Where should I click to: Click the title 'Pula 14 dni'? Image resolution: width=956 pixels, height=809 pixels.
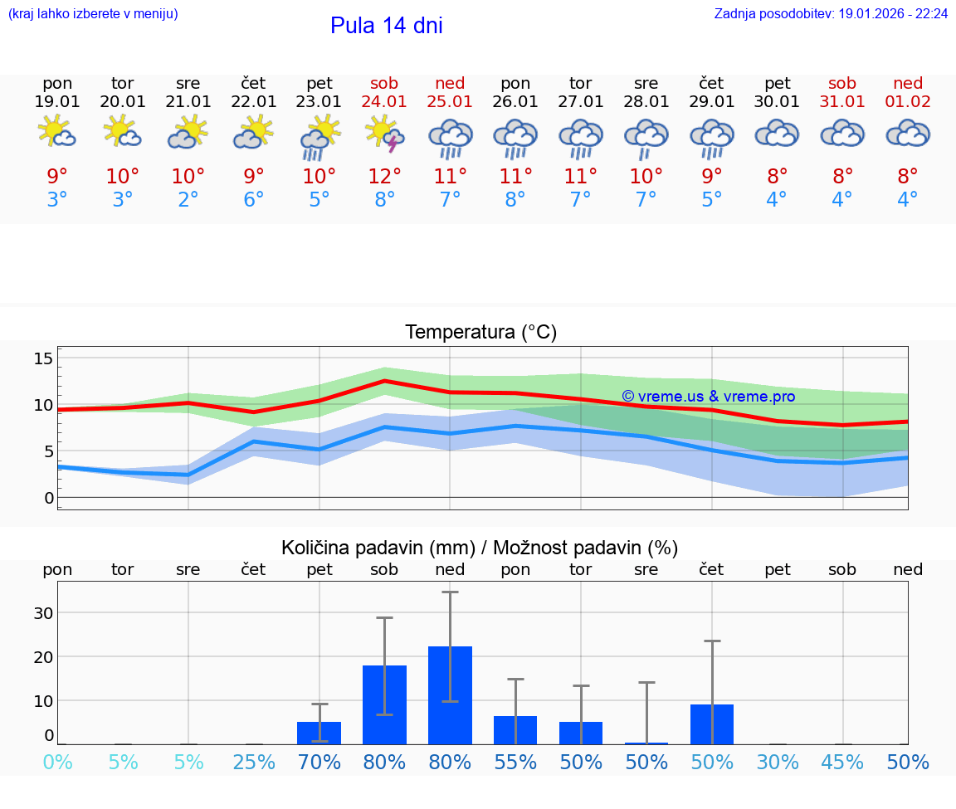click(x=386, y=26)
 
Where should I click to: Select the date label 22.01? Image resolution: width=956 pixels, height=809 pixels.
click(x=254, y=102)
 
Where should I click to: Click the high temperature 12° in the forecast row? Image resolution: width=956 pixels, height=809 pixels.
click(x=385, y=176)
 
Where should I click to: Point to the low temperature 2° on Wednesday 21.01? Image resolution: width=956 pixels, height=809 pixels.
click(x=188, y=200)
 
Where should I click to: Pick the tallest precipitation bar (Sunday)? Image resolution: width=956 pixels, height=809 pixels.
click(x=450, y=695)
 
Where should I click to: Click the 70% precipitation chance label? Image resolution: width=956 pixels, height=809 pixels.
click(x=319, y=763)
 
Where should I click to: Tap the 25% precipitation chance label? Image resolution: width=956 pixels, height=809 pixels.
click(x=254, y=763)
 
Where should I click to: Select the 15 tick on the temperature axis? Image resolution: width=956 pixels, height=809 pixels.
click(x=44, y=358)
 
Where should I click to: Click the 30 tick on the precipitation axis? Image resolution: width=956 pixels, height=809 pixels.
click(x=44, y=613)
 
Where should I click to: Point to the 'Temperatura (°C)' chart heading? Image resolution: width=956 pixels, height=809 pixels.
click(x=480, y=333)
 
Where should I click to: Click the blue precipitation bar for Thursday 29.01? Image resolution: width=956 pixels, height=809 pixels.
click(x=712, y=724)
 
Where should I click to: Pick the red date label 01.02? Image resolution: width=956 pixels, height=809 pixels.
click(x=908, y=102)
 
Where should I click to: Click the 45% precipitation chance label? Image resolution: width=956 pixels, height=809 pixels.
click(x=842, y=763)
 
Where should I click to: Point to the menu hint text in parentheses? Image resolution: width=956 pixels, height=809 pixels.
click(x=93, y=14)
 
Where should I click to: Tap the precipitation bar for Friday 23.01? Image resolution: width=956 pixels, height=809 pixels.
click(x=319, y=733)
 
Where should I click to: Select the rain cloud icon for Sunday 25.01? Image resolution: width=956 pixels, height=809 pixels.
click(x=450, y=138)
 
